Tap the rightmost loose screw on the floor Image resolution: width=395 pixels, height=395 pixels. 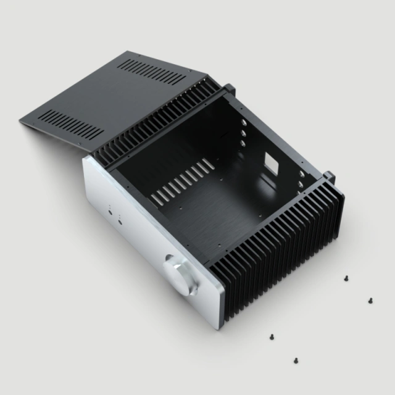point(370,301)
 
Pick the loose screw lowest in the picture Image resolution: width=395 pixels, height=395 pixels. point(296,359)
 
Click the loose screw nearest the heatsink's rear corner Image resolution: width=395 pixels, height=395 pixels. point(347,278)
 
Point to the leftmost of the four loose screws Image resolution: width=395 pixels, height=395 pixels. point(271,337)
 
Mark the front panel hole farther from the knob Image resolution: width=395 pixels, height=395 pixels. point(111,212)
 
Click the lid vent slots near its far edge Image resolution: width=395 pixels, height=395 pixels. point(151,72)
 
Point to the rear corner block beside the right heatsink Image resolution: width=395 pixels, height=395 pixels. point(331,176)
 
